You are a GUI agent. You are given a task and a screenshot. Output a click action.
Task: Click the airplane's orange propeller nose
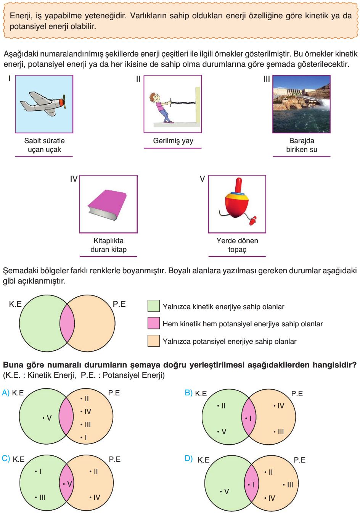[x=61, y=102]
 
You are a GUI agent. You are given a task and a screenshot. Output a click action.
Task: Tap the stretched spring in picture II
[x=183, y=103]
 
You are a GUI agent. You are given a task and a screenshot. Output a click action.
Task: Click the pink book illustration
[x=107, y=204]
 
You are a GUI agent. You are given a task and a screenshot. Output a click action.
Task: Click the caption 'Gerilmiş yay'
[x=173, y=141]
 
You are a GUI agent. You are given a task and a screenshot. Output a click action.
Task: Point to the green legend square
[x=154, y=306]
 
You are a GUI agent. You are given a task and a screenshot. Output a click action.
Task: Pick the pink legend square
[x=154, y=323]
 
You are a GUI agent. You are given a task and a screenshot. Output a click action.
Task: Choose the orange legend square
[x=154, y=340]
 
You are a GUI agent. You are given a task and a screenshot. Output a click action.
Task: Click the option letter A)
[x=5, y=392]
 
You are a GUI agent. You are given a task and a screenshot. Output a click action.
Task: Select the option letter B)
[x=188, y=392]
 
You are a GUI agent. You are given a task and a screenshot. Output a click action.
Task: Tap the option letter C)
[x=6, y=458]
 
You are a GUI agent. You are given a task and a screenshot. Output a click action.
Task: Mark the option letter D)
[x=188, y=458]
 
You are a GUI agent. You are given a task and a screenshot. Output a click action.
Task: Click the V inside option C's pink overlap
[x=69, y=484]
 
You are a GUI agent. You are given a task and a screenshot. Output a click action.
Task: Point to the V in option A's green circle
[x=49, y=418]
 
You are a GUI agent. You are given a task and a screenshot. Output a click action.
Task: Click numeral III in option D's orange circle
[x=290, y=485]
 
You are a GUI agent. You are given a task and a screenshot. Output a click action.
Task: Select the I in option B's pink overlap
[x=251, y=418]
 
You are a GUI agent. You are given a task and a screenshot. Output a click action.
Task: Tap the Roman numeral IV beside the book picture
[x=74, y=179]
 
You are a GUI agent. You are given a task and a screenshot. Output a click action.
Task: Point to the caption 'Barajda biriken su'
[x=302, y=145]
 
